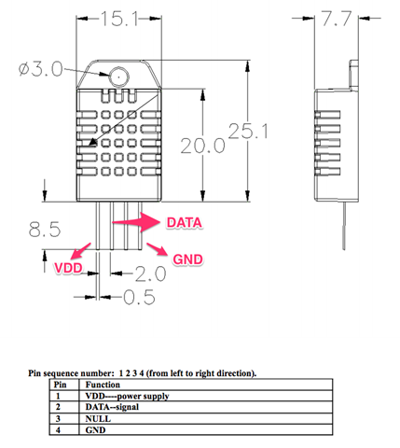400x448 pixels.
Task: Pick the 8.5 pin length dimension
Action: [x=47, y=228]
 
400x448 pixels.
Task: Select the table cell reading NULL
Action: [x=100, y=419]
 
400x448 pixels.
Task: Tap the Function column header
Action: [x=103, y=384]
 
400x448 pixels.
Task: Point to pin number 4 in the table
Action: [x=59, y=431]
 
